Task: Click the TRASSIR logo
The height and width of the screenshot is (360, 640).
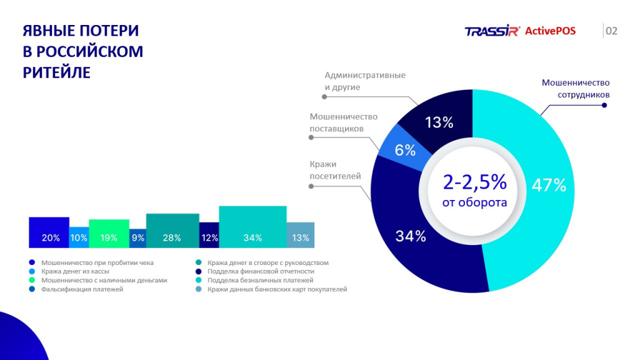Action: (492, 31)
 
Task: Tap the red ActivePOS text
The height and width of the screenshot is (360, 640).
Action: (550, 31)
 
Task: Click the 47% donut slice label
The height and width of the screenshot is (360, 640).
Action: (549, 185)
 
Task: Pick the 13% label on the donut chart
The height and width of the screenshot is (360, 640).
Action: (439, 122)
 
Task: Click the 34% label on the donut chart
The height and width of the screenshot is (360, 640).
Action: (410, 236)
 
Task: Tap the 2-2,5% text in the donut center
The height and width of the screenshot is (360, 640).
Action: (474, 182)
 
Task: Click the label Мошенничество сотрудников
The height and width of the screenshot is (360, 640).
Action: (575, 89)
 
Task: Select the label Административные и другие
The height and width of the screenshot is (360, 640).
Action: (364, 81)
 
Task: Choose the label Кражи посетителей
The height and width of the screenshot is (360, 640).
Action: (335, 170)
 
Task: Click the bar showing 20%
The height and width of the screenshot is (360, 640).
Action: (49, 232)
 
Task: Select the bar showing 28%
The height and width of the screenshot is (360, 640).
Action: (172, 231)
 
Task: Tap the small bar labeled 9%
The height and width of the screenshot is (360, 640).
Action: (137, 237)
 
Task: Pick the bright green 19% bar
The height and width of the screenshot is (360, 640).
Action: (109, 234)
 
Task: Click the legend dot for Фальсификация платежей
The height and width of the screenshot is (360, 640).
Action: (32, 289)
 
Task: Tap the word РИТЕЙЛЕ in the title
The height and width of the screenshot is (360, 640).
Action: (57, 72)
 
